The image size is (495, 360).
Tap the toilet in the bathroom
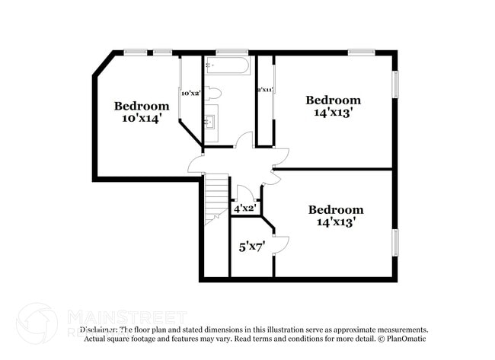tap(214, 93)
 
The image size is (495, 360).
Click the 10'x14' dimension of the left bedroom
tap(141, 119)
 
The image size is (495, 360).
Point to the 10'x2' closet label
tap(190, 93)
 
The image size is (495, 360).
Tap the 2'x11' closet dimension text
tap(264, 90)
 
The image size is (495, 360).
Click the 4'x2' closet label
tap(244, 208)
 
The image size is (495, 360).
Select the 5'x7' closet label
tap(252, 246)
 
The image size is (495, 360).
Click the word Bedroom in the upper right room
tap(333, 100)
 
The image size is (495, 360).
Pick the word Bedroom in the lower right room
tap(335, 209)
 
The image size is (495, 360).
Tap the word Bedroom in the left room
tap(141, 106)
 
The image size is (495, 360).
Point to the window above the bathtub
tap(232, 53)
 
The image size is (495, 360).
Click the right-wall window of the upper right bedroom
tap(394, 84)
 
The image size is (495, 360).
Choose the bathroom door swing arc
tap(244, 140)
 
